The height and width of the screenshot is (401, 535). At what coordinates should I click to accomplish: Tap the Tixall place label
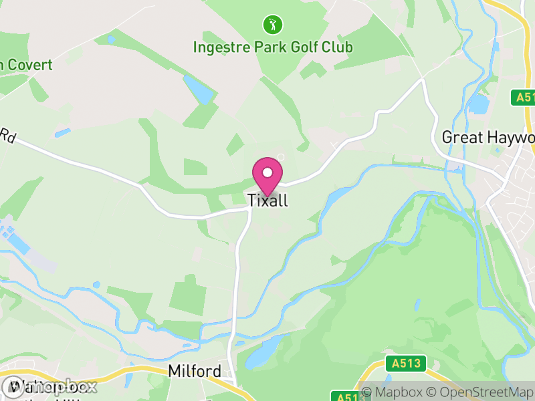click(x=267, y=200)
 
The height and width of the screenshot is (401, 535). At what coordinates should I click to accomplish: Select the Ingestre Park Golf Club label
click(x=273, y=47)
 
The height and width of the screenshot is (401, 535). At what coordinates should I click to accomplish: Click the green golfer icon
click(x=273, y=25)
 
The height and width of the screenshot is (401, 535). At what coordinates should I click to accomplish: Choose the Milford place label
click(x=194, y=371)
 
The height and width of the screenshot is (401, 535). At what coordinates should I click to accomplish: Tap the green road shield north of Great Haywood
click(x=525, y=98)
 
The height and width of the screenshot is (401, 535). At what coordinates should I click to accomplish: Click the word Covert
click(x=30, y=65)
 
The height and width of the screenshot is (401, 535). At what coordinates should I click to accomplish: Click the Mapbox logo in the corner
click(x=50, y=386)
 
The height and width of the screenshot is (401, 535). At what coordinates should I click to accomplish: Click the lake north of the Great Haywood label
click(x=479, y=104)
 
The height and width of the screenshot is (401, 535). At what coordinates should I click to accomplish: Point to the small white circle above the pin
click(x=281, y=157)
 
